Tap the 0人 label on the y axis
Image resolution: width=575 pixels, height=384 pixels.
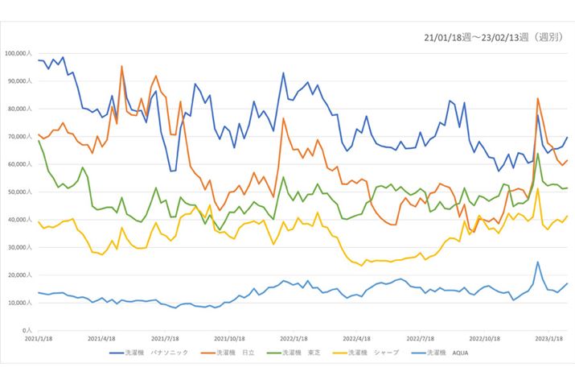[x=27, y=331]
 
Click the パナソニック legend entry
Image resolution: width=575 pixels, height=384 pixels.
[x=158, y=352]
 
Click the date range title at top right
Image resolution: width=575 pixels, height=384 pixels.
[x=494, y=37]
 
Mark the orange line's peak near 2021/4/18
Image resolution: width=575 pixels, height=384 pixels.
[x=121, y=67]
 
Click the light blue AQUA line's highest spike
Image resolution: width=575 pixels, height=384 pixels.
[x=537, y=262]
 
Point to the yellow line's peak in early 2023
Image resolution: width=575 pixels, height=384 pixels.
[x=537, y=189]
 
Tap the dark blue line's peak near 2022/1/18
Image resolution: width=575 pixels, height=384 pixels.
[x=283, y=73]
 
